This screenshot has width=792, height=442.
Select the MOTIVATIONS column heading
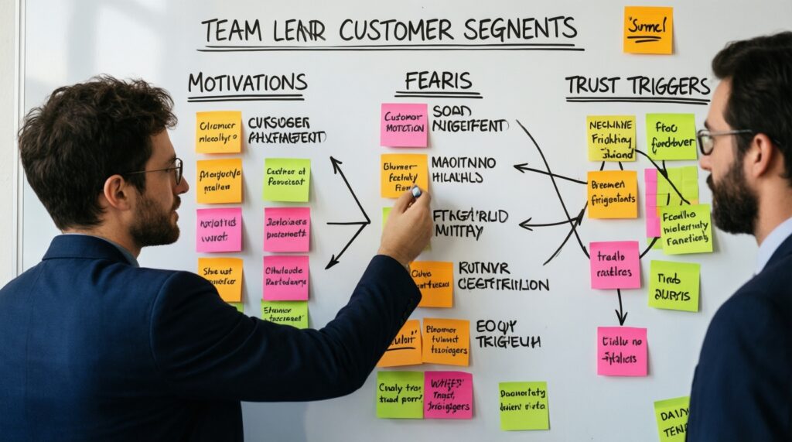click(x=247, y=83)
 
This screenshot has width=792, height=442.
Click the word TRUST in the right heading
click(x=596, y=85)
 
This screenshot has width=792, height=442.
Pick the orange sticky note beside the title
click(x=648, y=29)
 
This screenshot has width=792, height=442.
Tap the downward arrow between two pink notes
click(x=620, y=307)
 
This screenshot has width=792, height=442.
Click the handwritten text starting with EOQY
click(x=507, y=334)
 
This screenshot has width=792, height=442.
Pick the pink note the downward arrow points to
click(x=622, y=351)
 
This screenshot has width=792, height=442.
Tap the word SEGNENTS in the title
click(x=524, y=29)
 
